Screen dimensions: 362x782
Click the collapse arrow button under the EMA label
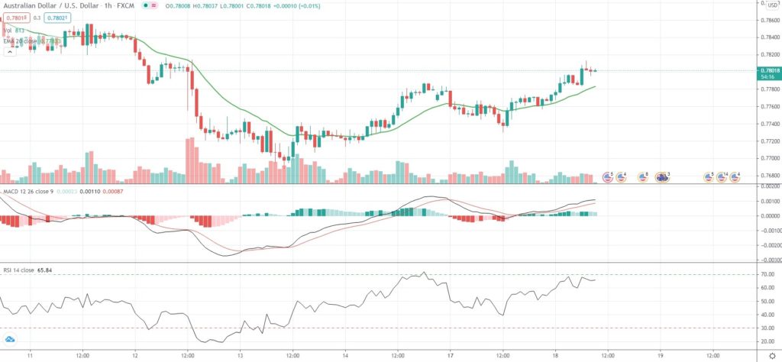point(10,52)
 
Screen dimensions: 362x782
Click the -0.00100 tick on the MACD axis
point(765,230)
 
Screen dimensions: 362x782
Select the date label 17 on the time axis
point(451,356)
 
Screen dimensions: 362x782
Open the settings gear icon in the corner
point(771,356)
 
